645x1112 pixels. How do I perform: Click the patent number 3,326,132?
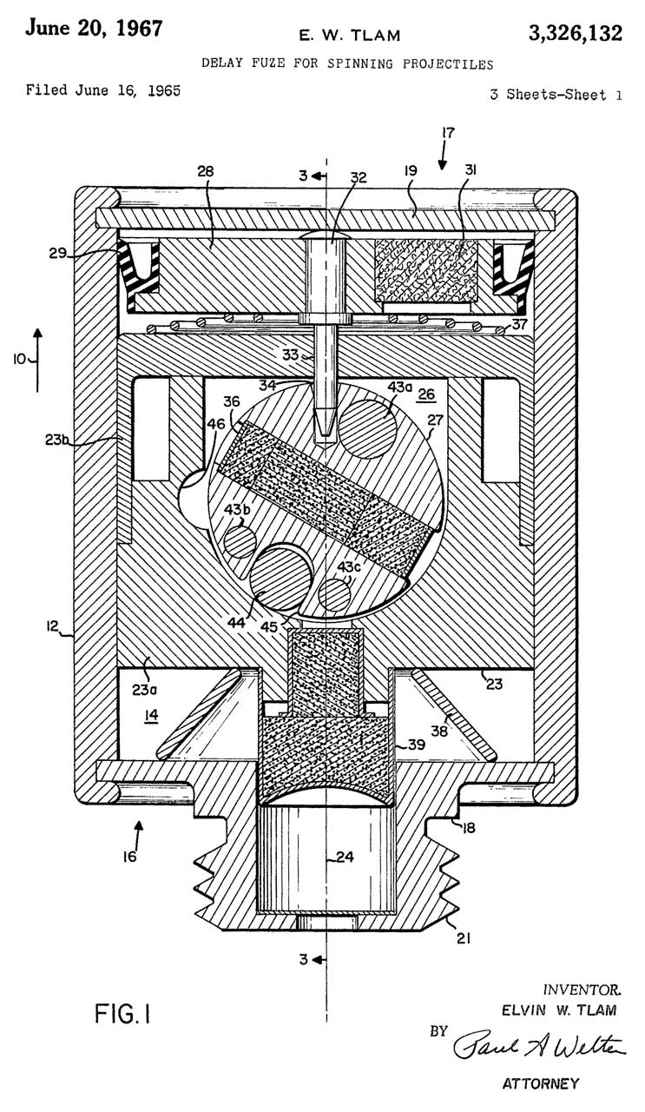pos(576,33)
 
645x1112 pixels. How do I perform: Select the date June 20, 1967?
pos(94,28)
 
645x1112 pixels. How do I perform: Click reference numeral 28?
pos(205,171)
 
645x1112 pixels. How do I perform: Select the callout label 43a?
pos(399,387)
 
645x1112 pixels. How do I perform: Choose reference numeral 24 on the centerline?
pos(345,857)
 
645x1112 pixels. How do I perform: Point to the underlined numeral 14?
pos(151,716)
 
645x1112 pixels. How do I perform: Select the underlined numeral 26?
pos(425,394)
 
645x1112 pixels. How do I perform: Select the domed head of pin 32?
pos(323,236)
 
